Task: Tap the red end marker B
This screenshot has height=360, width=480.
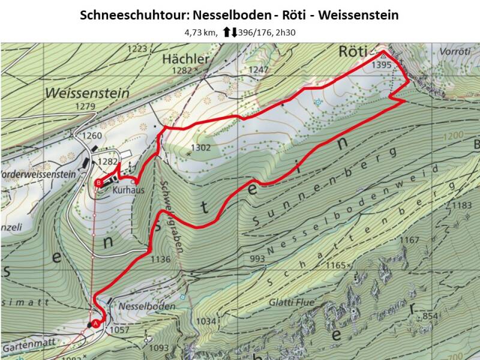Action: click(98, 183)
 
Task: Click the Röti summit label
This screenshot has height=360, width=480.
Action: click(352, 50)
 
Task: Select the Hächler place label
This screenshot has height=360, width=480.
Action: click(185, 59)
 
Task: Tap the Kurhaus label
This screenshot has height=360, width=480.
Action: click(125, 188)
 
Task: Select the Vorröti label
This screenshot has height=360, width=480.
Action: click(455, 52)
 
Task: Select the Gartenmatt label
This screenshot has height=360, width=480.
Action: click(27, 347)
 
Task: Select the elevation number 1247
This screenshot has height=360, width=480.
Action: click(259, 70)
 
